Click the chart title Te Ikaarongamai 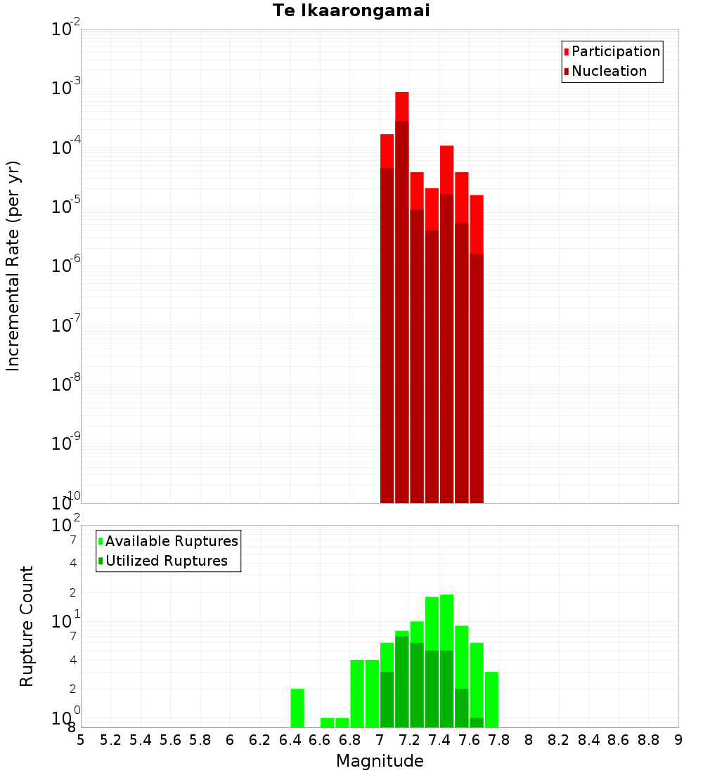click(x=351, y=11)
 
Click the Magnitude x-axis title click(x=380, y=761)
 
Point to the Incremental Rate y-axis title click(x=13, y=266)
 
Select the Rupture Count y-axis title click(x=27, y=626)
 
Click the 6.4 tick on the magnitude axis click(x=290, y=740)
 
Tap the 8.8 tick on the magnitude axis click(x=648, y=740)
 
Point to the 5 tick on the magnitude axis click(x=81, y=740)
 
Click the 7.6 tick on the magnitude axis click(x=469, y=740)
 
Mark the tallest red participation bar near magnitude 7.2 click(x=401, y=105)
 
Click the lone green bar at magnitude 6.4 click(x=297, y=708)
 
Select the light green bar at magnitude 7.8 click(x=491, y=699)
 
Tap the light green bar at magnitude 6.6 click(x=327, y=722)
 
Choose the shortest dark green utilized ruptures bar click(x=477, y=722)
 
